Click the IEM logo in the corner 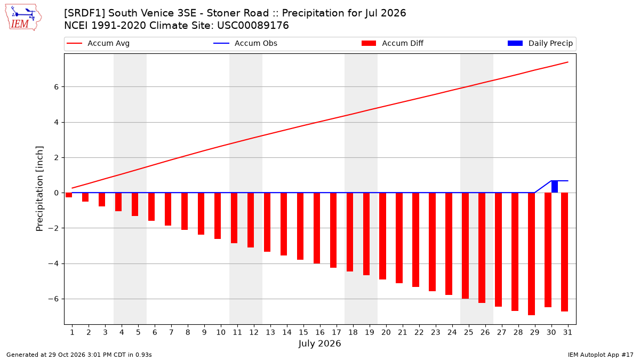tap(23, 18)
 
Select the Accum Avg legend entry tap(98, 43)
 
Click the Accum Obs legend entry tap(245, 43)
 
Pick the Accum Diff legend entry tap(393, 43)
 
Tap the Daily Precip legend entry tap(540, 43)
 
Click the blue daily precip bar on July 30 tap(554, 187)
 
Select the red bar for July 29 tap(531, 254)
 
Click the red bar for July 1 tap(69, 195)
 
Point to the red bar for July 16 tap(317, 228)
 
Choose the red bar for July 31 tap(564, 252)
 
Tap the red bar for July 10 tap(218, 215)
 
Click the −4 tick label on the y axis tap(53, 263)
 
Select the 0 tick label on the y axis tap(57, 193)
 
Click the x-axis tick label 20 tap(386, 332)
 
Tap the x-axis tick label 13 tap(270, 332)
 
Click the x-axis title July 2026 tap(319, 343)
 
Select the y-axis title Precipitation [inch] tap(39, 189)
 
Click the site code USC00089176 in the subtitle tap(253, 26)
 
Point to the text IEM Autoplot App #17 tap(601, 355)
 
